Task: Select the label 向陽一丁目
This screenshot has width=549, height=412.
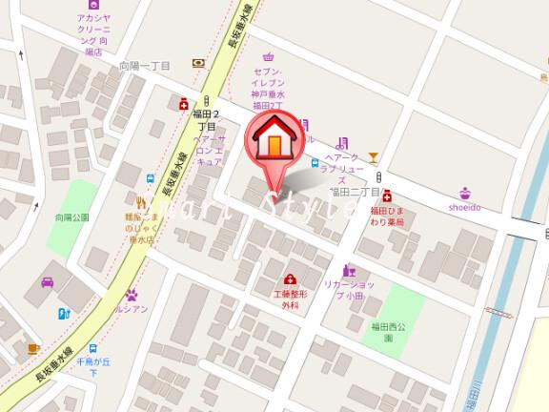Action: (x=144, y=66)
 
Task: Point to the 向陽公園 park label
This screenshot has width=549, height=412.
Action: (x=72, y=217)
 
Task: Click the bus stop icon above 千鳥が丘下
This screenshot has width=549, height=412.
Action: (x=92, y=348)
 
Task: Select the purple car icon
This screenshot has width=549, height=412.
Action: (x=46, y=282)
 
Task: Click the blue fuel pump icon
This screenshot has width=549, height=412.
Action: (x=63, y=312)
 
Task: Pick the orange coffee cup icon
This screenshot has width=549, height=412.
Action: (x=33, y=348)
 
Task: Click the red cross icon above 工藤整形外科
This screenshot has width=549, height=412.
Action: (x=289, y=279)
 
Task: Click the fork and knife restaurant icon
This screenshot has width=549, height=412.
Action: (x=144, y=201)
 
